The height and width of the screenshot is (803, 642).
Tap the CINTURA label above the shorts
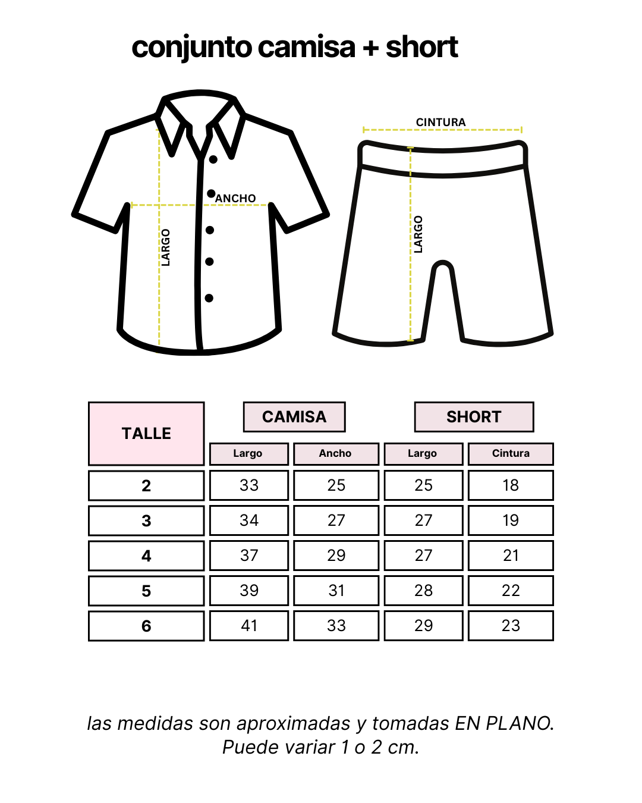440,123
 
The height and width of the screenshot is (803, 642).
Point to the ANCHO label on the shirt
236,198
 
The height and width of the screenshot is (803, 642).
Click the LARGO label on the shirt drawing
166,247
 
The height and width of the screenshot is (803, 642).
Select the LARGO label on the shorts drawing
418,234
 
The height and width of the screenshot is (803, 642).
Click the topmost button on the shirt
213,159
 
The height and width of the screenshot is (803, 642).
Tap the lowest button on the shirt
209,298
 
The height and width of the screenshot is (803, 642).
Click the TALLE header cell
146,434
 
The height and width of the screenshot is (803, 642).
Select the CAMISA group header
294,417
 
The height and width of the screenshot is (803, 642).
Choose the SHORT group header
474,417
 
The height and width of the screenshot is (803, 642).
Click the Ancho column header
336,454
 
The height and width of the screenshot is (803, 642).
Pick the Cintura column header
511,454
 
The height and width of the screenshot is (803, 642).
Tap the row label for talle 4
146,556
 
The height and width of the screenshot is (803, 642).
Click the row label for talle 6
146,626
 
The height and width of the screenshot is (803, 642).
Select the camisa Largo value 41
249,626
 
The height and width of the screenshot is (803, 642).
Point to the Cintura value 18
511,485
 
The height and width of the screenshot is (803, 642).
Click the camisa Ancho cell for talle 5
336,591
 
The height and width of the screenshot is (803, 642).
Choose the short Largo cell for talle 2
423,485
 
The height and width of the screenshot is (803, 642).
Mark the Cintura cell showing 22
511,591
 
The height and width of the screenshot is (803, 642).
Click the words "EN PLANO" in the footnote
503,723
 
